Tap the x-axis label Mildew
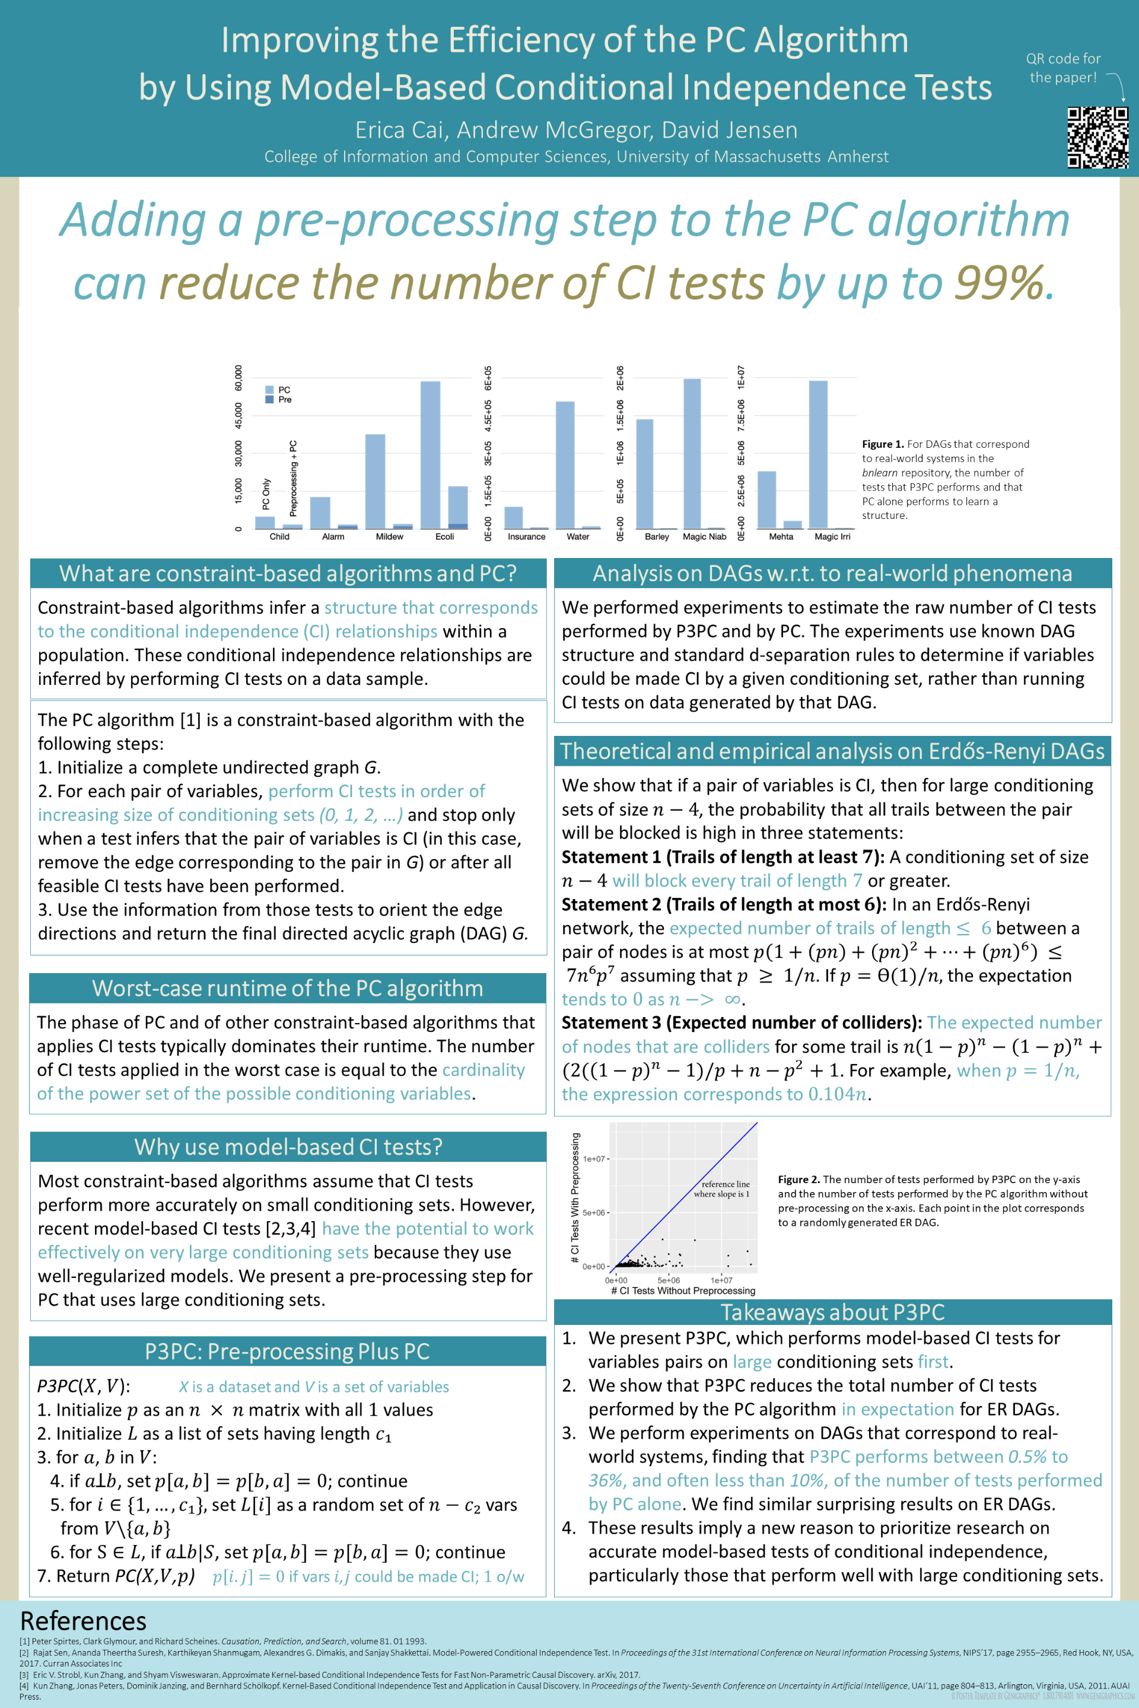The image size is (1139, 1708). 389,537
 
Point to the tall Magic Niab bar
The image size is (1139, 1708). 692,454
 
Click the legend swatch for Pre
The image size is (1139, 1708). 269,399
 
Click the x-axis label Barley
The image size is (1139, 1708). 657,537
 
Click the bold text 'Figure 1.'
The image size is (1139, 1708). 883,444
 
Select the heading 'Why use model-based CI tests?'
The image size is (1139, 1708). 288,1146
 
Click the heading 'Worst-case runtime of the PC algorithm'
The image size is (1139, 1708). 288,989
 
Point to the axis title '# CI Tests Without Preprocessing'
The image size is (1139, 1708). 683,1290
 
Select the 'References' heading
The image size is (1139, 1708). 84,1621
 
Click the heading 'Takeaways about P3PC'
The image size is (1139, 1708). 832,1312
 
